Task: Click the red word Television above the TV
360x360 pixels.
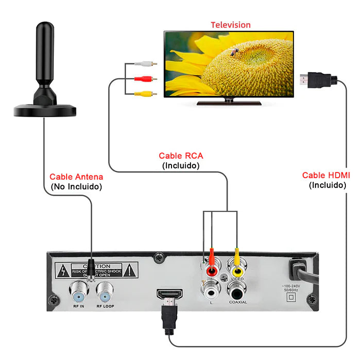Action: [231, 25]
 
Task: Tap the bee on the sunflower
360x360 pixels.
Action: [234, 53]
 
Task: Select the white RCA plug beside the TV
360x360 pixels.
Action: [147, 63]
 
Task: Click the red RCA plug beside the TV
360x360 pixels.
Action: [147, 78]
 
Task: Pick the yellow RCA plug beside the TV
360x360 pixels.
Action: [147, 94]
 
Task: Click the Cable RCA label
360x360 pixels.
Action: [181, 155]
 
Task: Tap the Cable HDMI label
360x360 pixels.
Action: [326, 175]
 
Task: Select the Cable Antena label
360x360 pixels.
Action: [76, 177]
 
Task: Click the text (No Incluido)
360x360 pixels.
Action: [76, 187]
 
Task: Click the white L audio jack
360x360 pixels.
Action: [211, 288]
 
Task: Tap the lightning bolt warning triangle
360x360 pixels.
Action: [63, 271]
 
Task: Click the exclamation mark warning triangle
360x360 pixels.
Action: [129, 271]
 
